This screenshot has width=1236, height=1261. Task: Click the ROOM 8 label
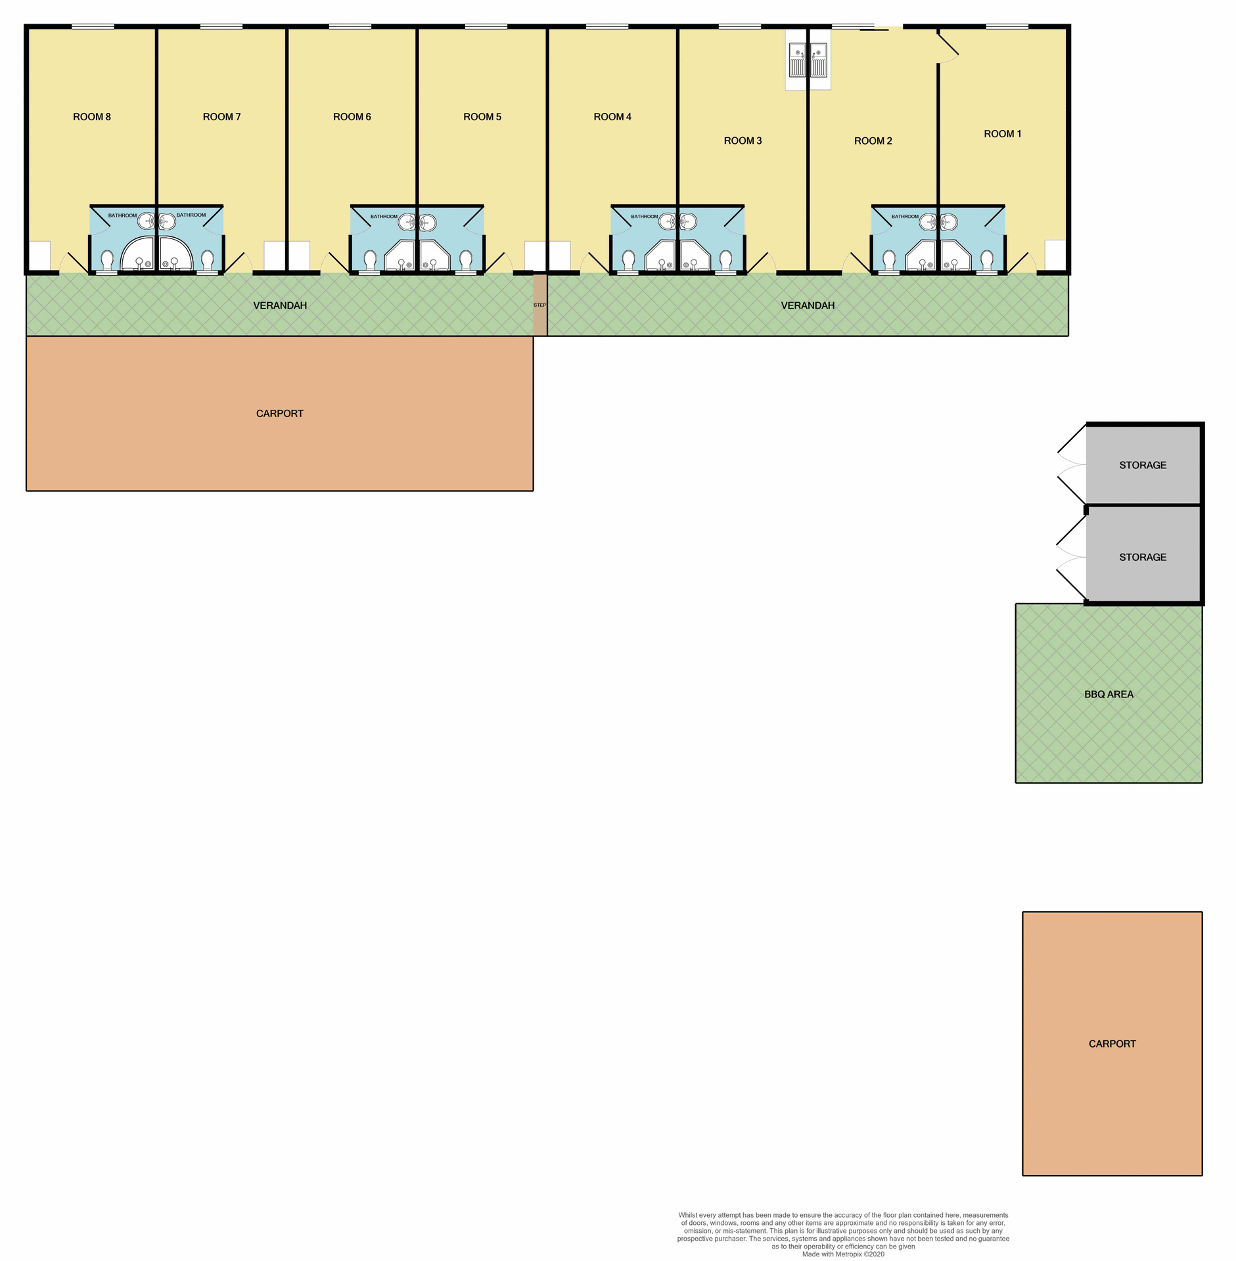[x=91, y=117]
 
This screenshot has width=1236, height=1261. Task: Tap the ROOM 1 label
[x=1002, y=134]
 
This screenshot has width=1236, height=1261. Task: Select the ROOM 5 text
[x=482, y=117]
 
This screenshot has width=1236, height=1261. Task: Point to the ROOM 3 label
[x=743, y=141]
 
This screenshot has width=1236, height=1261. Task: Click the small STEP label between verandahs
[x=539, y=305]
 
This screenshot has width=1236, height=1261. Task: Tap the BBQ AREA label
[x=1109, y=694]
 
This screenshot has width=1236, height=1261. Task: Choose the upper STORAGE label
[x=1143, y=465]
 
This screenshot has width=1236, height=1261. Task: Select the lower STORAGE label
[x=1143, y=557]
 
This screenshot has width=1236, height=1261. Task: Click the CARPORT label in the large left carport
[x=279, y=413]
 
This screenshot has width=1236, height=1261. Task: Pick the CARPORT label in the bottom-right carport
[x=1112, y=1044]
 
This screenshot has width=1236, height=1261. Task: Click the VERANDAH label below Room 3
[x=808, y=305]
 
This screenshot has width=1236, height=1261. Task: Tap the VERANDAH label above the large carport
[x=280, y=305]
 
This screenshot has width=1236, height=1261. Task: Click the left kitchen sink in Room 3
[x=797, y=60]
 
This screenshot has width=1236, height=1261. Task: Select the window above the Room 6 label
[x=350, y=27]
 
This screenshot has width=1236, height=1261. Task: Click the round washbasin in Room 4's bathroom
[x=668, y=221]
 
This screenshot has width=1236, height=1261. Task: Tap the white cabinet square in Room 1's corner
[x=1055, y=255]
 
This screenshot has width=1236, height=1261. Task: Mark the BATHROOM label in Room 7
[x=191, y=215]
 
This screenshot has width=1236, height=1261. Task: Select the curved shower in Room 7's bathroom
[x=174, y=253]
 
